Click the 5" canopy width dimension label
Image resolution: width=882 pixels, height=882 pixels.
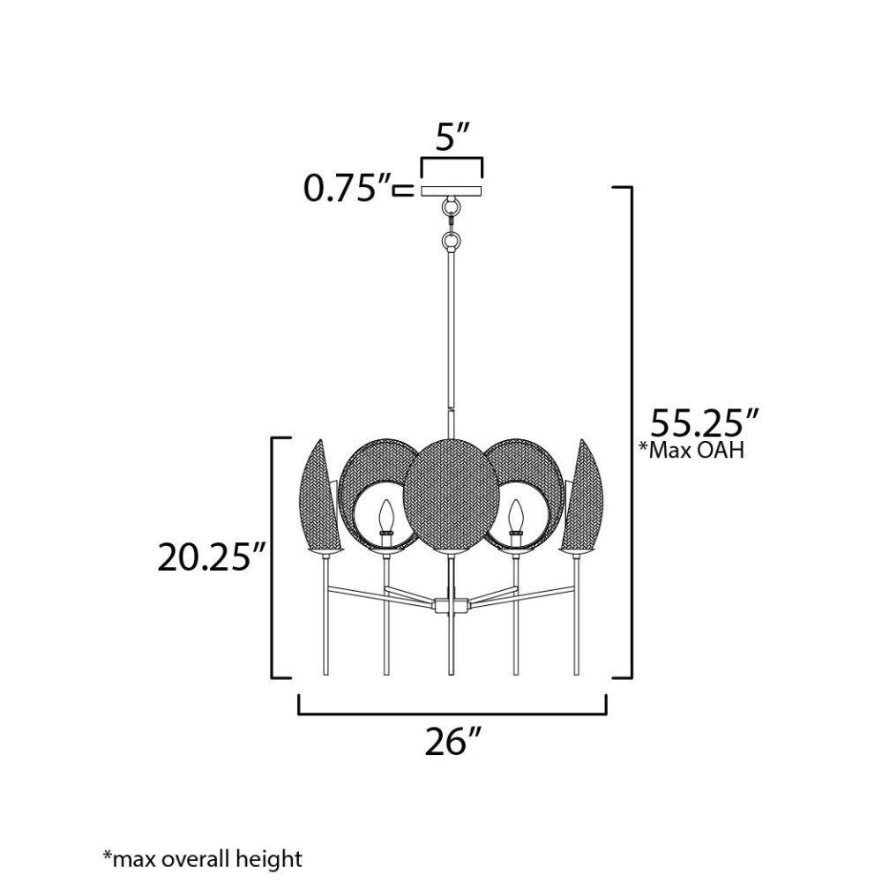[x=452, y=137]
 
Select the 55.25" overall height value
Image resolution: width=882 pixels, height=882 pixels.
[x=705, y=422]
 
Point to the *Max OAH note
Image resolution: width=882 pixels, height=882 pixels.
[x=691, y=450]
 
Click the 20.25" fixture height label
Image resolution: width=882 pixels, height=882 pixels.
[x=211, y=557]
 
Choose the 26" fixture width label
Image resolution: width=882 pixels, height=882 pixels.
[x=452, y=742]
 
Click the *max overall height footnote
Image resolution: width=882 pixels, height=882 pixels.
[x=203, y=858]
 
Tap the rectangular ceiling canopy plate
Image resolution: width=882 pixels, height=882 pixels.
[x=452, y=191]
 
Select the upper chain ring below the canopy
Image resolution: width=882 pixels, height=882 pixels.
[x=451, y=207]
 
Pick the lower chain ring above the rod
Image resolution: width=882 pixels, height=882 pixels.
[x=451, y=242]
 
